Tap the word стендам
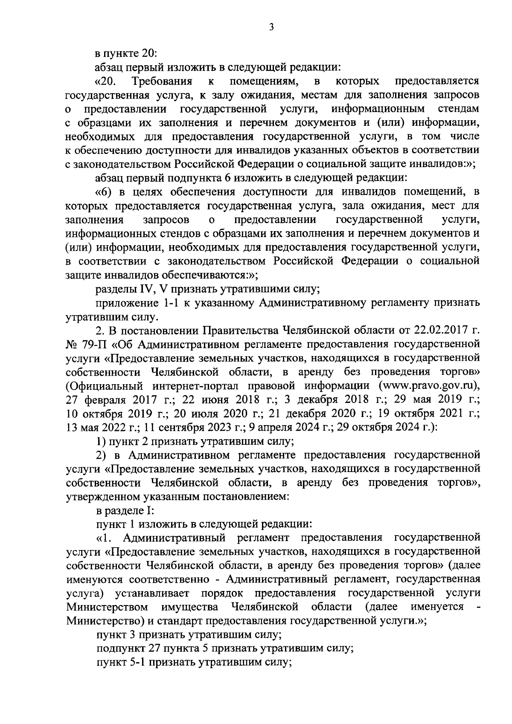458,108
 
